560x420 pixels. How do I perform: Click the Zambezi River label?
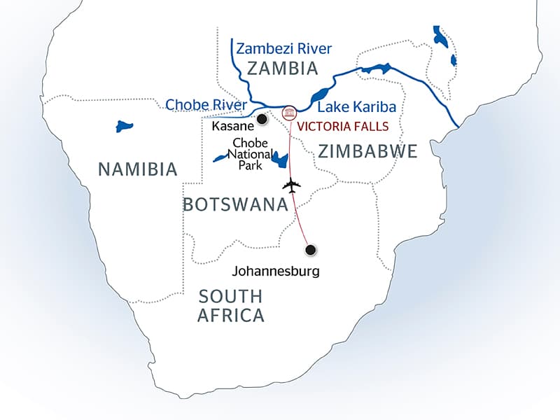click(283, 48)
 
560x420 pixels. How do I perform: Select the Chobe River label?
click(206, 106)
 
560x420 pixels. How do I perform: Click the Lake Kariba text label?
click(357, 108)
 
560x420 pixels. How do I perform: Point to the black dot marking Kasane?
click(262, 120)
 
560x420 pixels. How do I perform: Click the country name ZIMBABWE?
click(367, 151)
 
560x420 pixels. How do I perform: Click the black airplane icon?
click(292, 186)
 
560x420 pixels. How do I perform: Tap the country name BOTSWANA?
click(236, 204)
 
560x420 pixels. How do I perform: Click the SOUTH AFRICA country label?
click(231, 304)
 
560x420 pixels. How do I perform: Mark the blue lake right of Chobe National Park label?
click(281, 160)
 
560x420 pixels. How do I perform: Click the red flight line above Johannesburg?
click(301, 217)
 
